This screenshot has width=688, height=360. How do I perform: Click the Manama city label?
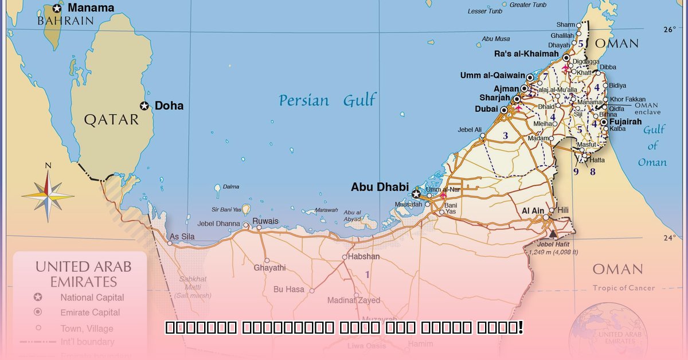pyautogui.click(x=91, y=8)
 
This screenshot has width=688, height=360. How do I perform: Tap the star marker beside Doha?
pyautogui.click(x=144, y=106)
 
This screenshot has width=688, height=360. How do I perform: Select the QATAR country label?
pyautogui.click(x=111, y=119)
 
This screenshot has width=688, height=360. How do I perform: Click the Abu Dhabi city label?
pyautogui.click(x=380, y=187)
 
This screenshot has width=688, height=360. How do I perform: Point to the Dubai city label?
pyautogui.click(x=486, y=109)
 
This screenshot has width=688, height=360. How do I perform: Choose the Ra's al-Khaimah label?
pyautogui.click(x=526, y=54)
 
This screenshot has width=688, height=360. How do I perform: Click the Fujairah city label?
pyautogui.click(x=625, y=122)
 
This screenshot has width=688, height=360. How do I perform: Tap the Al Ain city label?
pyautogui.click(x=533, y=211)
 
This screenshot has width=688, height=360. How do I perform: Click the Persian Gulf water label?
pyautogui.click(x=327, y=101)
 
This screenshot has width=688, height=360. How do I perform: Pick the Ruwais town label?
pyautogui.click(x=265, y=221)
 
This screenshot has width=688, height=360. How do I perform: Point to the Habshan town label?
pyautogui.click(x=364, y=256)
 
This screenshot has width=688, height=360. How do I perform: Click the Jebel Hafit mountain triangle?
pyautogui.click(x=553, y=234)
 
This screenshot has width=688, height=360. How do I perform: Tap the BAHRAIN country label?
pyautogui.click(x=65, y=21)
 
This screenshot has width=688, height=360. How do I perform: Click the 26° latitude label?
pyautogui.click(x=670, y=29)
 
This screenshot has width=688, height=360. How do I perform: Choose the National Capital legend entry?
pyautogui.click(x=92, y=298)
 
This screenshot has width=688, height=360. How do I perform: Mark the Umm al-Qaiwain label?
pyautogui.click(x=492, y=75)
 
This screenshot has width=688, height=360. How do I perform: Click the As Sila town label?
pyautogui.click(x=182, y=237)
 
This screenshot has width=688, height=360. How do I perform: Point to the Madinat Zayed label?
pyautogui.click(x=353, y=300)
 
